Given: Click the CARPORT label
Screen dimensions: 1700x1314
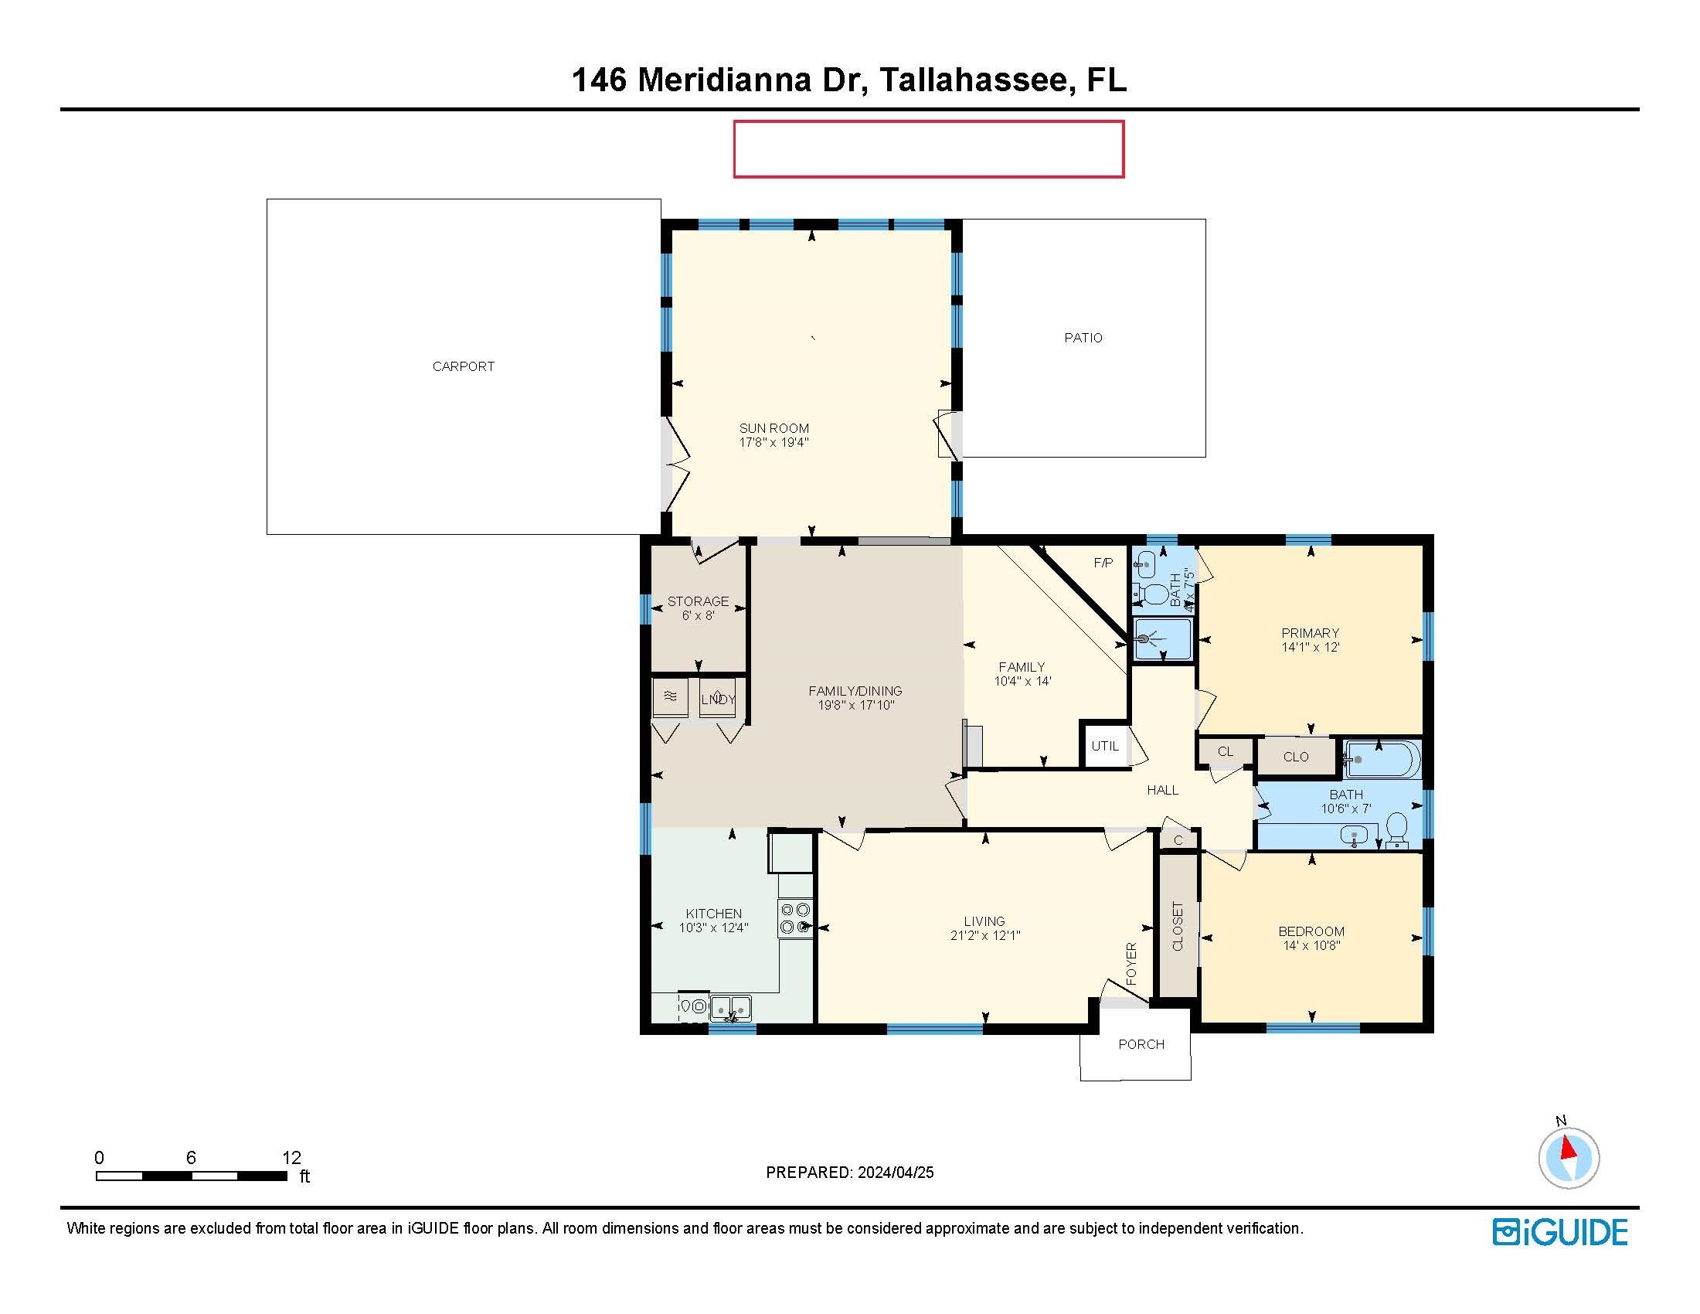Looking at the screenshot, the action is point(463,366).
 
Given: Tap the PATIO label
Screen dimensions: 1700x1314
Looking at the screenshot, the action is point(1083,338).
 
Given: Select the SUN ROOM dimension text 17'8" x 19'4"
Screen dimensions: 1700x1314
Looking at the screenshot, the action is point(773,443).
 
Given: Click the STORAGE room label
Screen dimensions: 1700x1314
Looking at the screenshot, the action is point(699,601).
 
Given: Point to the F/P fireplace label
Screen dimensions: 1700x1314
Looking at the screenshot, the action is point(1103,563).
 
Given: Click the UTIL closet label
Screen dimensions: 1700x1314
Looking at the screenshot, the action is point(1104,746).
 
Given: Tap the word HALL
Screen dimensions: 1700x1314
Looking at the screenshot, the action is point(1163,790).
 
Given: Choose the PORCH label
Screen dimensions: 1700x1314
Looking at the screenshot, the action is point(1141,1045).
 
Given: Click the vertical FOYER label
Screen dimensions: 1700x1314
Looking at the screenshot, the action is point(1132,964).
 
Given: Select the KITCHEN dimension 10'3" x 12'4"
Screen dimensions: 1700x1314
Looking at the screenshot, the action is point(714,928).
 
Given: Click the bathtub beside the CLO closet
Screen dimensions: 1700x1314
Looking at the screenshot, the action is point(1382,759).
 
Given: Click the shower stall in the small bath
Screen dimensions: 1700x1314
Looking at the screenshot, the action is point(1163,638).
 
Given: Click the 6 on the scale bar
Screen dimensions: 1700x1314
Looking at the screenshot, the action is point(191,1158).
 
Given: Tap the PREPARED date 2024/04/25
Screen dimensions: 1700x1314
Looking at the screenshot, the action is point(895,1173).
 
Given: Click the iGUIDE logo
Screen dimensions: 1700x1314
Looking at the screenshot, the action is point(1560,1232).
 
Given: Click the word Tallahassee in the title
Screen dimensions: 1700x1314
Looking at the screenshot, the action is point(973,80).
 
